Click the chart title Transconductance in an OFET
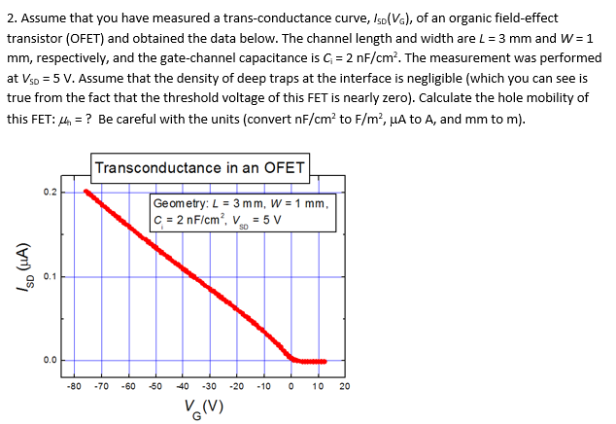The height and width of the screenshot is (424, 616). pos(200,167)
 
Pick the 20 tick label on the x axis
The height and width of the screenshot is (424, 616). pos(344,386)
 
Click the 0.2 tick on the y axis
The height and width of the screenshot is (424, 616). pos(50,192)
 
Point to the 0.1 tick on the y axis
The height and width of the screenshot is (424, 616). pos(50,276)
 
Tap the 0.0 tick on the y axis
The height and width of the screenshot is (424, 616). pos(50,361)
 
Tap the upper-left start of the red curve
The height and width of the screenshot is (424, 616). pos(87,192)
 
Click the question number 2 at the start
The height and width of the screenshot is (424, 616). pos(10,11)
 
